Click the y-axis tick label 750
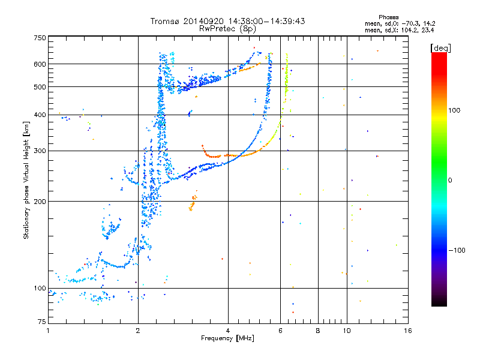click(40, 38)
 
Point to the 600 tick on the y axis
click(40, 64)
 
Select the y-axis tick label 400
click(40, 115)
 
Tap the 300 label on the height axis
click(40, 151)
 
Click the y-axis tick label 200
click(40, 202)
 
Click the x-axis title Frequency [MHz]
click(228, 338)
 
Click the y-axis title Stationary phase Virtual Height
click(26, 180)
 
